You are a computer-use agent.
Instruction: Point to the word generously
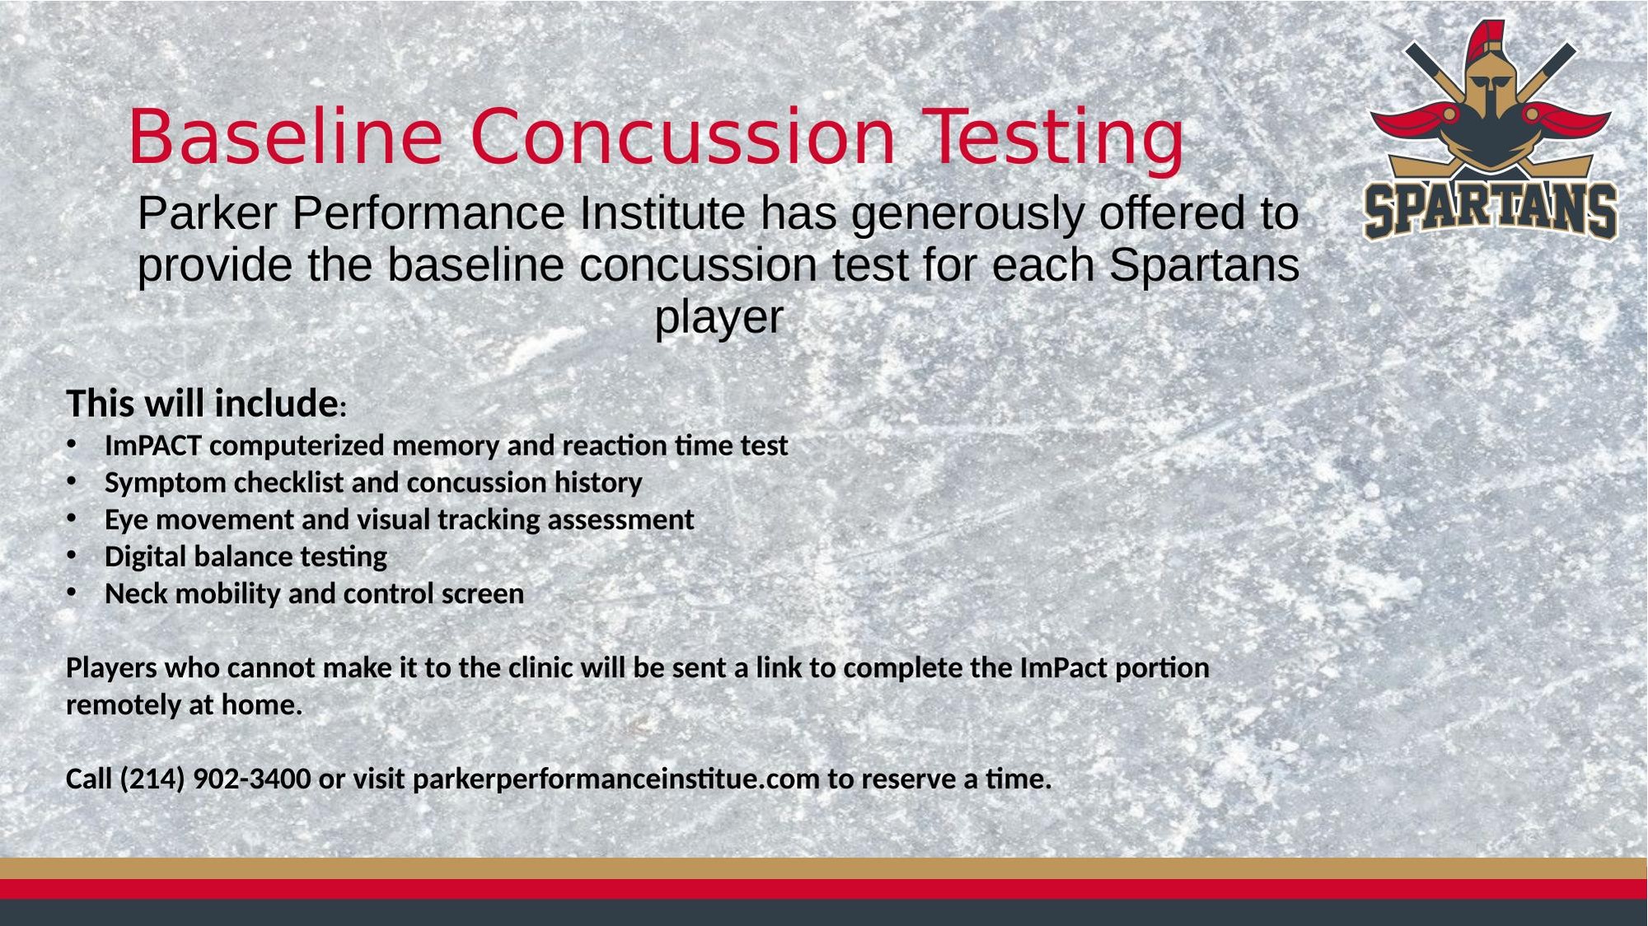tap(967, 216)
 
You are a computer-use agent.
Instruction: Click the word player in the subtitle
tap(719, 319)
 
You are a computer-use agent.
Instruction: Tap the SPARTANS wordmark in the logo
tap(1491, 211)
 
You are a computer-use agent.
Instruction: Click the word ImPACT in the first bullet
tap(153, 446)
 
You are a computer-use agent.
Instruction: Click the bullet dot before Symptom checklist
tap(72, 481)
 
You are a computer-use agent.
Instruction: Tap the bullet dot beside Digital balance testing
tap(72, 555)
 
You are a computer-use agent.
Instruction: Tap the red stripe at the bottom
tap(824, 889)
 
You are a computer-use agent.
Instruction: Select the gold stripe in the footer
tap(824, 868)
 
